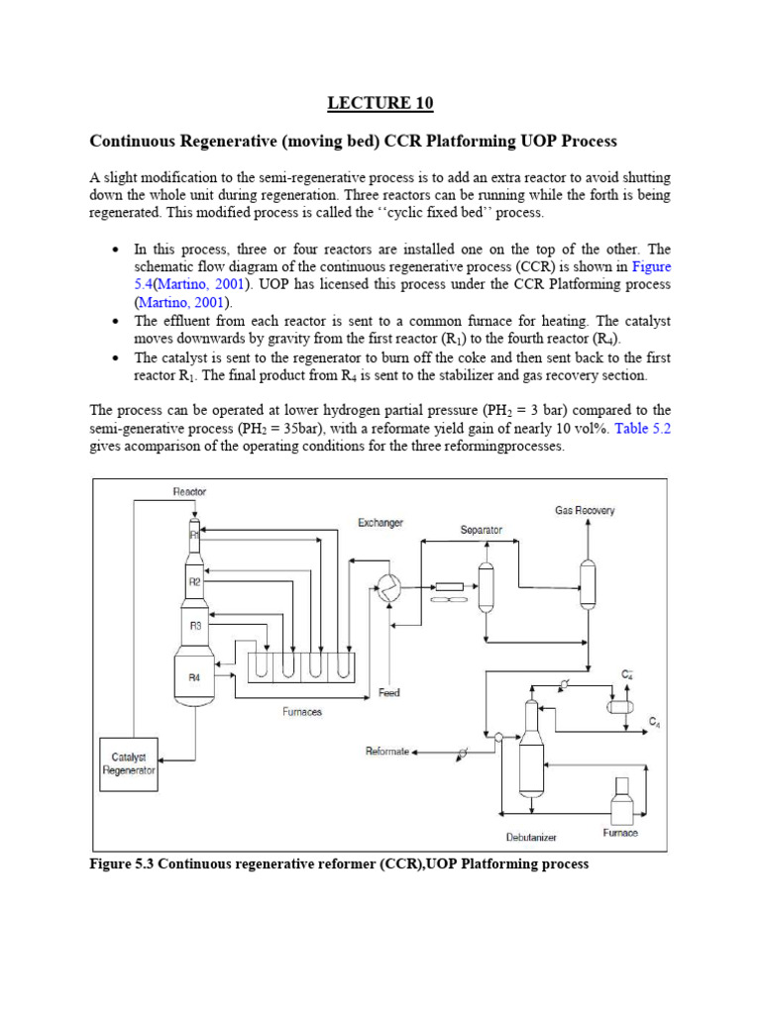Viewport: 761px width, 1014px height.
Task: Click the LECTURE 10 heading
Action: tap(380, 103)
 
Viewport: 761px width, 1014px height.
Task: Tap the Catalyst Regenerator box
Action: tap(129, 764)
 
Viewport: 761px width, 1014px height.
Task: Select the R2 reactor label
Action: tap(195, 582)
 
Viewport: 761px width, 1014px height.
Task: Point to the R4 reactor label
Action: tap(195, 678)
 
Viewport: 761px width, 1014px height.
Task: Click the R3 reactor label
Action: tap(195, 626)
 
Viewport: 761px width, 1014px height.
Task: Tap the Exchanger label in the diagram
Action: tap(380, 523)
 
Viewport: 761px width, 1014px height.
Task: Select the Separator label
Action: tap(482, 530)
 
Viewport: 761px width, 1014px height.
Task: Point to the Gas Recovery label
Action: tap(585, 510)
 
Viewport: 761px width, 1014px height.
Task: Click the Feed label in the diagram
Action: tap(388, 693)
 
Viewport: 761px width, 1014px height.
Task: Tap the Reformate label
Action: tap(386, 752)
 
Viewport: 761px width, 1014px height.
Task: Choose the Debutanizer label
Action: tap(531, 837)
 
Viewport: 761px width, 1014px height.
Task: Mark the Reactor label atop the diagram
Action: tap(189, 491)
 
